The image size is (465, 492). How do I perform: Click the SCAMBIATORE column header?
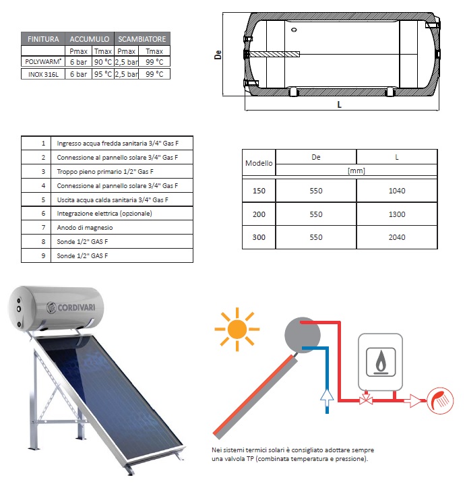pos(142,38)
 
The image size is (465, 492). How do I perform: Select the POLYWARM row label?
pos(43,62)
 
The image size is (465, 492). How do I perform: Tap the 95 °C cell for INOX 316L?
pos(102,73)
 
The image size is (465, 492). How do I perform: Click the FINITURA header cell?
pos(43,38)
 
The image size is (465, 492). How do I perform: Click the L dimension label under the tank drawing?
pos(339,105)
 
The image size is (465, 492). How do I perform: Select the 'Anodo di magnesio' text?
pos(84,228)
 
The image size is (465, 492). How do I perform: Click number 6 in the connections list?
pos(43,214)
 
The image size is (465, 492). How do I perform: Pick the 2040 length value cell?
pos(397,237)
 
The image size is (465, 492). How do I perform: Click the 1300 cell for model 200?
pos(397,214)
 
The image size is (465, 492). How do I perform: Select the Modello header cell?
pos(259,163)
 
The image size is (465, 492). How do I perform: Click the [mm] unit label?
pos(356,171)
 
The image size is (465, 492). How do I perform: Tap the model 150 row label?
pos(259,191)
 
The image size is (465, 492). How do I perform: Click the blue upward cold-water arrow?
pos(326,400)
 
